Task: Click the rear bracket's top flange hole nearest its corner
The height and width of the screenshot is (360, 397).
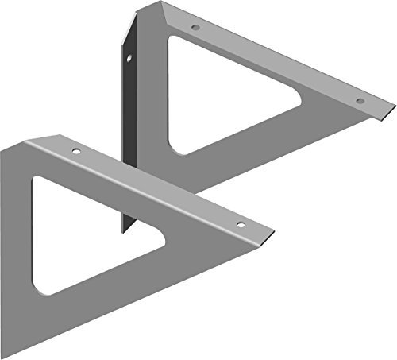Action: click(x=195, y=29)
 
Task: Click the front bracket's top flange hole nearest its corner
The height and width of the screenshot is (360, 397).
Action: click(x=76, y=151)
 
